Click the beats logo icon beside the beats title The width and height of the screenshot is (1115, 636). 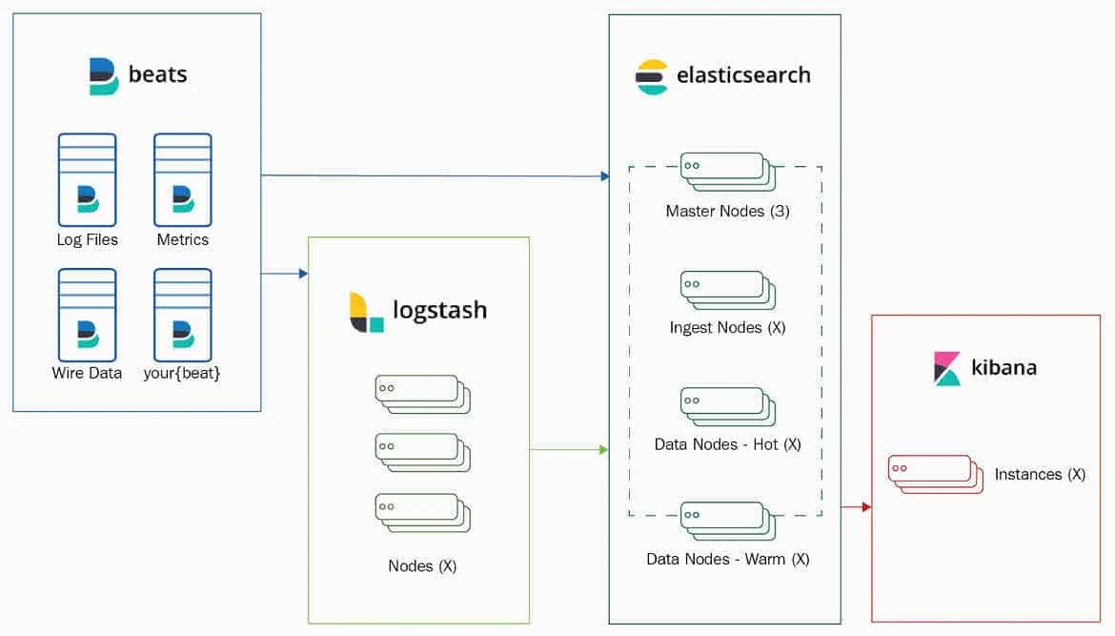coord(103,76)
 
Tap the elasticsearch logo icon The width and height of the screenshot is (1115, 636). coord(652,76)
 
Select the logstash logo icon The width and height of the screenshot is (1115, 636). coord(366,312)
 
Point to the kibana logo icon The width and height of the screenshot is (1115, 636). coord(947,368)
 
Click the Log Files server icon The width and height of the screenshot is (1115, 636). coord(87,180)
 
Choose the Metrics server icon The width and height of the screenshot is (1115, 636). coord(183,180)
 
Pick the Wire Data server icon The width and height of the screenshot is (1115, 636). coord(87,315)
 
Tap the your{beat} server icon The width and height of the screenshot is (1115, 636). coord(183,315)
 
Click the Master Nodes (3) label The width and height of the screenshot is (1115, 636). coord(727,211)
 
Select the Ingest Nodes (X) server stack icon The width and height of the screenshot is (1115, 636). coord(727,290)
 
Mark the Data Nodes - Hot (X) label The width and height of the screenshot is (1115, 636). coord(727,444)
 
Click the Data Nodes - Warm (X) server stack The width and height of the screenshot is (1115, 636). coord(727,521)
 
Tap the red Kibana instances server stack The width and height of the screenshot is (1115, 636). coord(935,474)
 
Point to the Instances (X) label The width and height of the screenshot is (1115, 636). coord(1040,474)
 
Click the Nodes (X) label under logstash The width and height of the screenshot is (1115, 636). coord(422,565)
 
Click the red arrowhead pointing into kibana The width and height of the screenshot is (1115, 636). coord(866,507)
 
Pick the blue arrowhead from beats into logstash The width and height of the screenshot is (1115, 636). coord(303,274)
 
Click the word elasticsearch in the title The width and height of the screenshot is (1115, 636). coord(743,75)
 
